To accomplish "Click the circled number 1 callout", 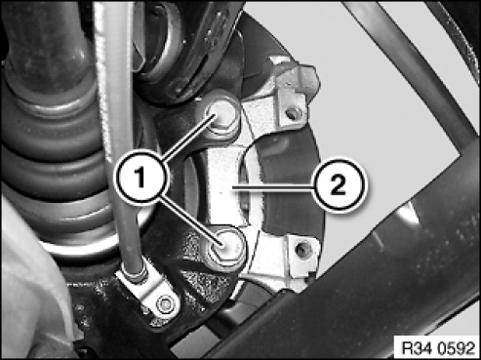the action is tap(141, 178).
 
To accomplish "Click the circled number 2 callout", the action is tap(339, 185).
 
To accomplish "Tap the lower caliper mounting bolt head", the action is tap(225, 246).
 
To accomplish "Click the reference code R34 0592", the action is tap(438, 348).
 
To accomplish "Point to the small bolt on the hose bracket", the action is tap(165, 304).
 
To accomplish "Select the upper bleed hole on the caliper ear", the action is tap(294, 113).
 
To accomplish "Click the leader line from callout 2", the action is tap(272, 186).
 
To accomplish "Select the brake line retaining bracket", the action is tap(148, 293).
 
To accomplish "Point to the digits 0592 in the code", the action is tap(457, 348).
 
